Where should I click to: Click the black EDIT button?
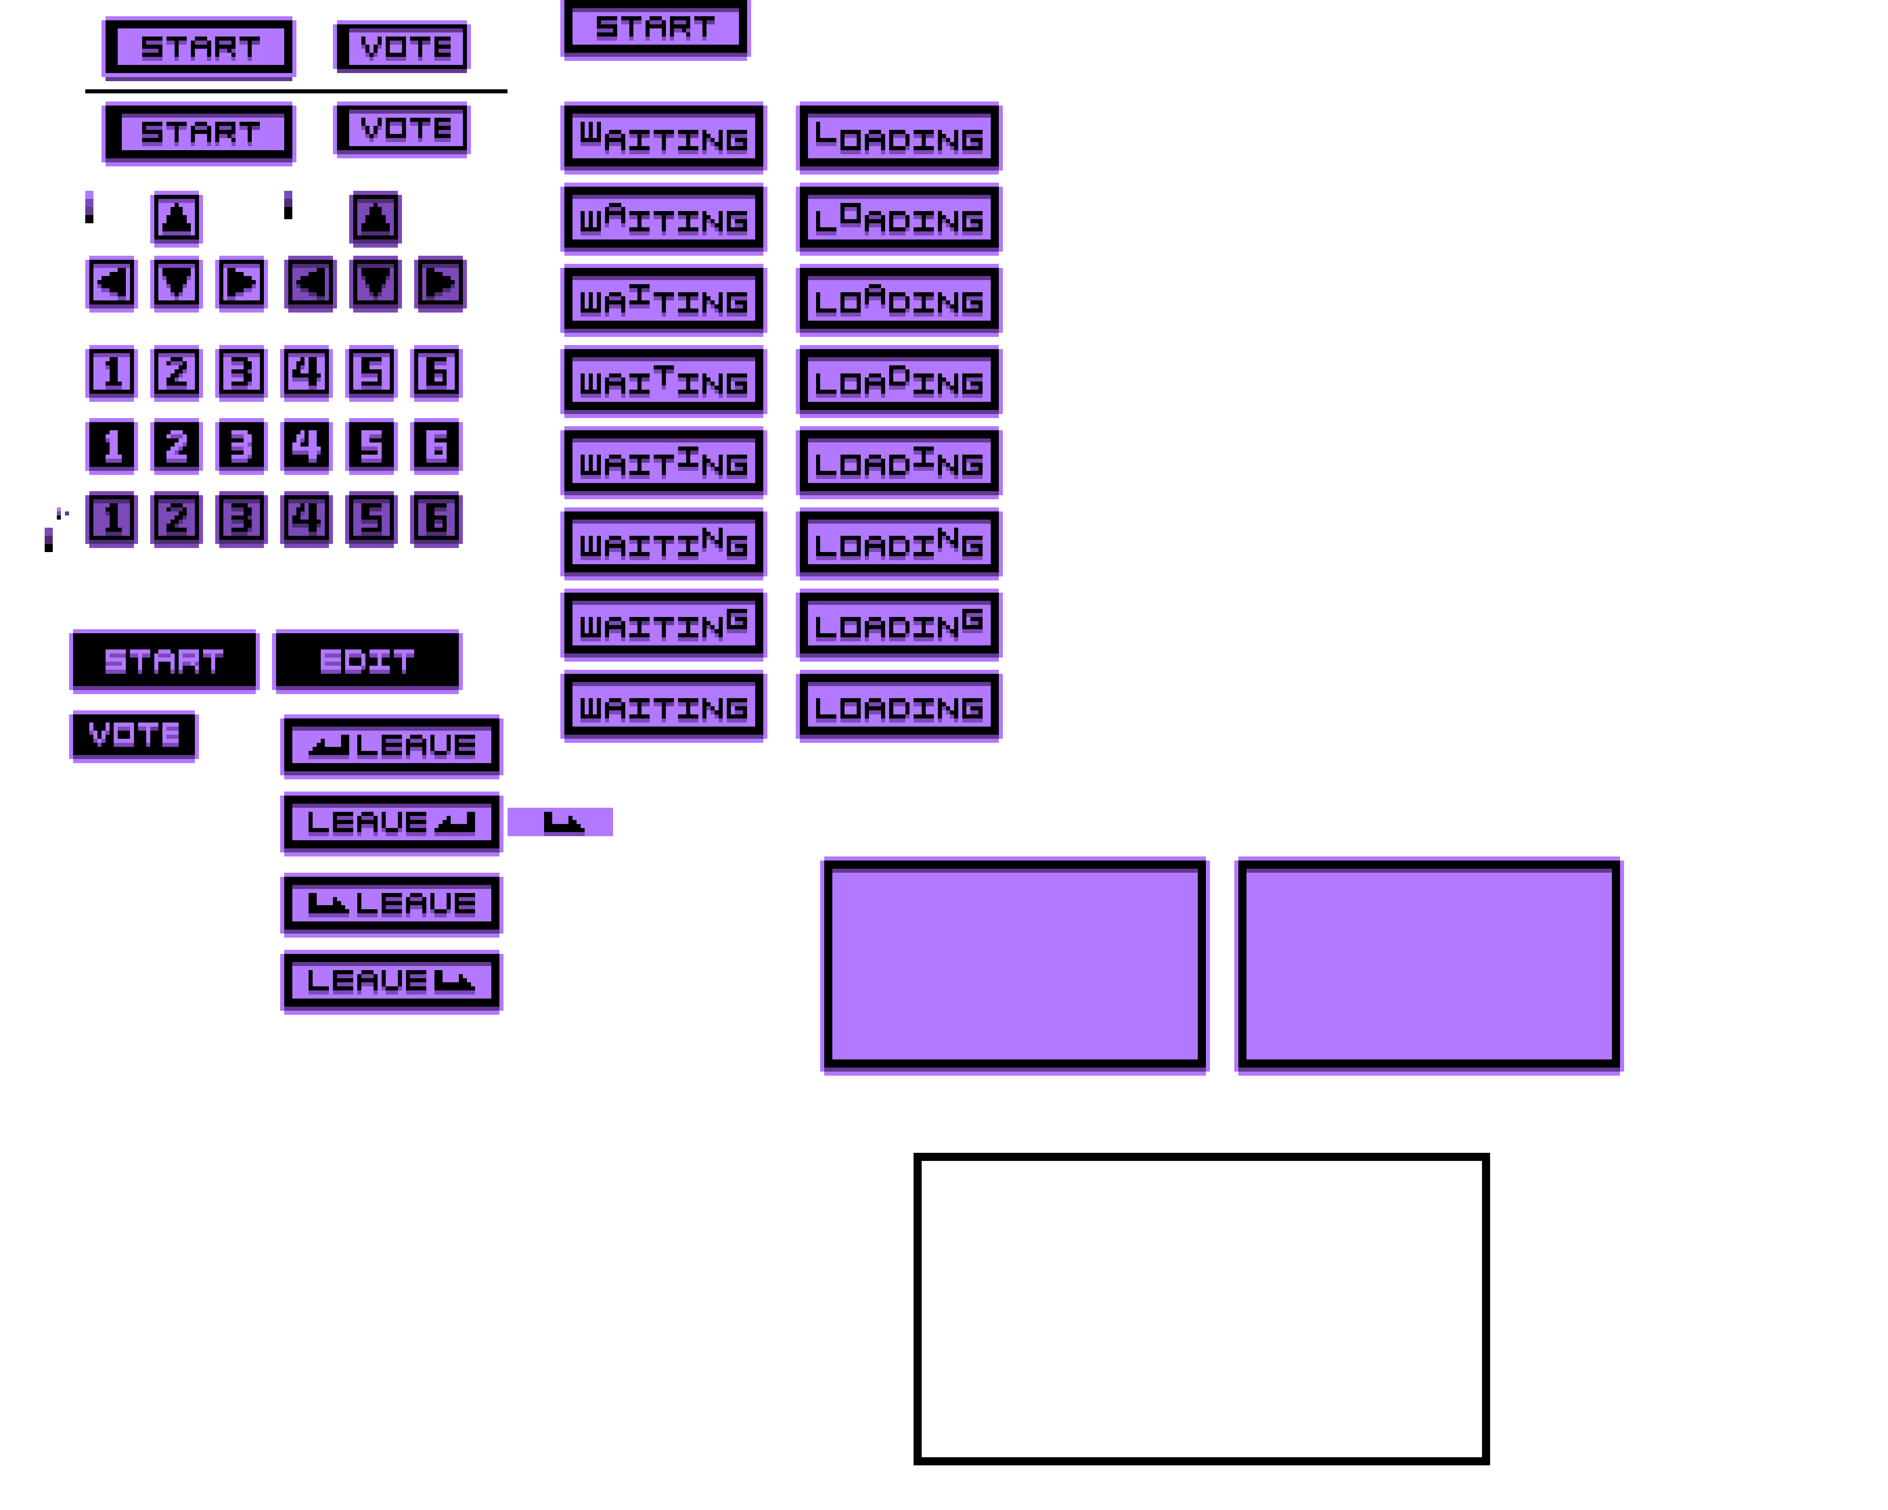pyautogui.click(x=367, y=661)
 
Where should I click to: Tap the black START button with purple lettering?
pyautogui.click(x=164, y=661)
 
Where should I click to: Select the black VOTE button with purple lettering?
pyautogui.click(x=134, y=735)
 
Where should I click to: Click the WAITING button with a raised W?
pyautogui.click(x=664, y=138)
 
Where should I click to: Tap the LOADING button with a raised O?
pyautogui.click(x=899, y=219)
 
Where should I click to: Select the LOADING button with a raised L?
pyautogui.click(x=899, y=138)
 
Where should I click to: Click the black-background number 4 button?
pyautogui.click(x=307, y=446)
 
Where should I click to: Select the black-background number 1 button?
pyautogui.click(x=111, y=446)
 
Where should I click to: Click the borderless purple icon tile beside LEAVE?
pyautogui.click(x=560, y=822)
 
